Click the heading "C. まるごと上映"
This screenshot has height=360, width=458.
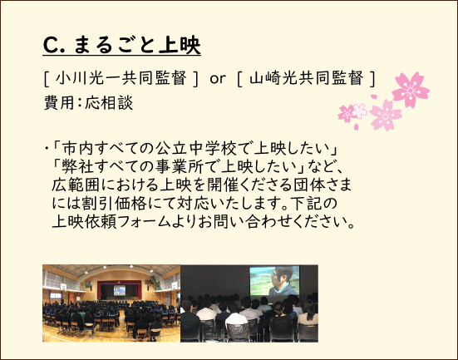click(x=122, y=45)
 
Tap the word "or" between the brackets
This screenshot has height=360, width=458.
click(x=218, y=79)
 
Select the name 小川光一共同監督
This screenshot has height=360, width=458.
click(x=121, y=78)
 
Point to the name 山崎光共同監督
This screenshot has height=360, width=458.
click(x=307, y=78)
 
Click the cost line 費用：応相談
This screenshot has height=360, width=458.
click(x=88, y=102)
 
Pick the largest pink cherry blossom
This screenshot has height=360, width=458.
click(x=411, y=90)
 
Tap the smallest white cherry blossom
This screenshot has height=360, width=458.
click(x=359, y=111)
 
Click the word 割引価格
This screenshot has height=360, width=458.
click(x=114, y=204)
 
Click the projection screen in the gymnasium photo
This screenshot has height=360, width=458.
click(x=120, y=290)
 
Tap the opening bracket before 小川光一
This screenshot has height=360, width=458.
click(x=47, y=79)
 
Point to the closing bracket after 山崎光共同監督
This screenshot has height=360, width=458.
click(x=372, y=79)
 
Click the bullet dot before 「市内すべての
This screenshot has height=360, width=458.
click(x=47, y=148)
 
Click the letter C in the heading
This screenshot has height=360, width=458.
click(x=51, y=45)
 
